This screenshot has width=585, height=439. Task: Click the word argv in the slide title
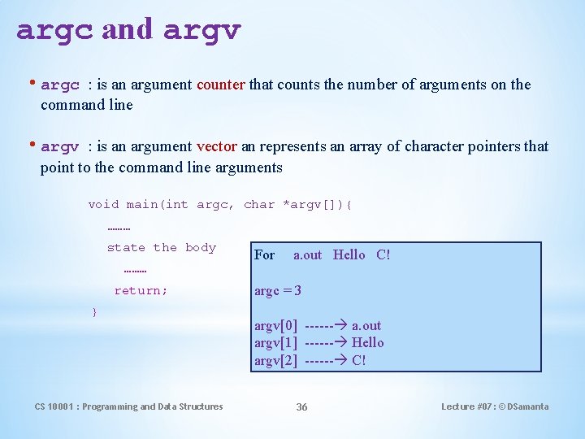pos(201,30)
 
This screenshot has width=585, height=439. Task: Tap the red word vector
pos(216,147)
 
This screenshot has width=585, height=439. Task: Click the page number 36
pos(301,406)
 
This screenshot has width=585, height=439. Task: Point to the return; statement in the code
pos(141,290)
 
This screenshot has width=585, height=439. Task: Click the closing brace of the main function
pos(95,312)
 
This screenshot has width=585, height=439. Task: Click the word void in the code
pos(103,205)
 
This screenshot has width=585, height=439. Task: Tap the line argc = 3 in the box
pos(278,290)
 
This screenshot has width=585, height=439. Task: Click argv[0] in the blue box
pos(275,326)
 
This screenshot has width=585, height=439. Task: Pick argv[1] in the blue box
pos(275,343)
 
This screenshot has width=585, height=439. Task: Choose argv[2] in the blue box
pos(275,360)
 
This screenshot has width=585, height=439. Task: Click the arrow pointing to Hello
pos(326,343)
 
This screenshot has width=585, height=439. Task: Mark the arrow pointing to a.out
pos(326,326)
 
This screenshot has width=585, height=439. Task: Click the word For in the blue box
pos(264,255)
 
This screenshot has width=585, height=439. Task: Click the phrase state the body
pos(161,248)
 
